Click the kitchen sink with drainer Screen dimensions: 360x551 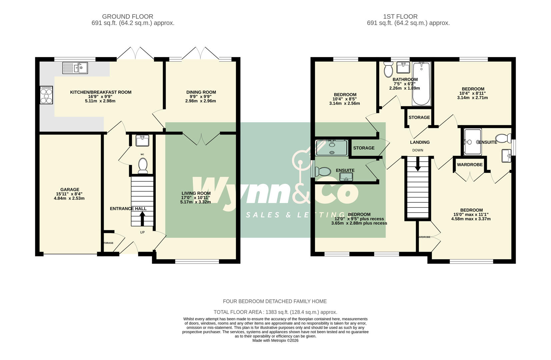click(75, 68)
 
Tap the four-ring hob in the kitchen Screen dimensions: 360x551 click(46, 95)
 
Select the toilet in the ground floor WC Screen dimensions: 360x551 click(143, 166)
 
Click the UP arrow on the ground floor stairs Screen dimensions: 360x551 click(142, 219)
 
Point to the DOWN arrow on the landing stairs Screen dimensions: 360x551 click(417, 165)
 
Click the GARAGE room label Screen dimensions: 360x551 click(70, 189)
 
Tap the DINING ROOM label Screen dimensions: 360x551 click(201, 92)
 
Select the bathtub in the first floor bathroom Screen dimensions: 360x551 click(421, 84)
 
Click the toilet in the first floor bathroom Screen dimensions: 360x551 click(388, 70)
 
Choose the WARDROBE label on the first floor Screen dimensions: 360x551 click(469, 165)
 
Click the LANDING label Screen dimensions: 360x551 click(420, 142)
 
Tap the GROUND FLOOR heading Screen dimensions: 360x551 click(128, 16)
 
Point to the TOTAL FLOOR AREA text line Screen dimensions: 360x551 click(275, 312)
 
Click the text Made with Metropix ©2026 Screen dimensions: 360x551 click(275, 341)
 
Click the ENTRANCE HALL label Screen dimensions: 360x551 click(128, 209)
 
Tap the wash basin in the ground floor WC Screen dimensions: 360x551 click(142, 140)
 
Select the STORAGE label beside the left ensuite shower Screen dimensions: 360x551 click(364, 148)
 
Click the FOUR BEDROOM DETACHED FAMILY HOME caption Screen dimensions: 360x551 click(275, 301)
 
